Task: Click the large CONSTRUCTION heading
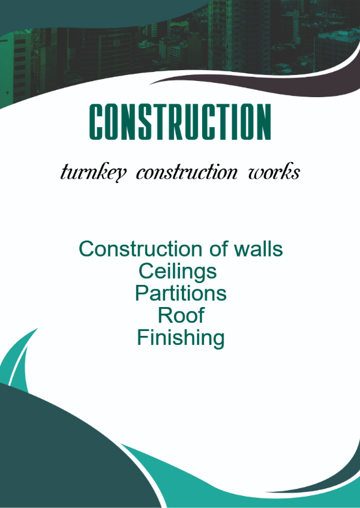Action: point(180,122)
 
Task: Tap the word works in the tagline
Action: point(274,172)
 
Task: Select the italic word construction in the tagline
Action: point(187,172)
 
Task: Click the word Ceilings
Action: point(178,272)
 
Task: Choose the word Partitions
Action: point(181,293)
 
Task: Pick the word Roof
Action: point(181,315)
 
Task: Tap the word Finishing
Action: point(181,338)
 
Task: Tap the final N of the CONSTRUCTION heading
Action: point(263,122)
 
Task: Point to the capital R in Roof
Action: point(165,315)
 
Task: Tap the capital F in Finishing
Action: point(143,336)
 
